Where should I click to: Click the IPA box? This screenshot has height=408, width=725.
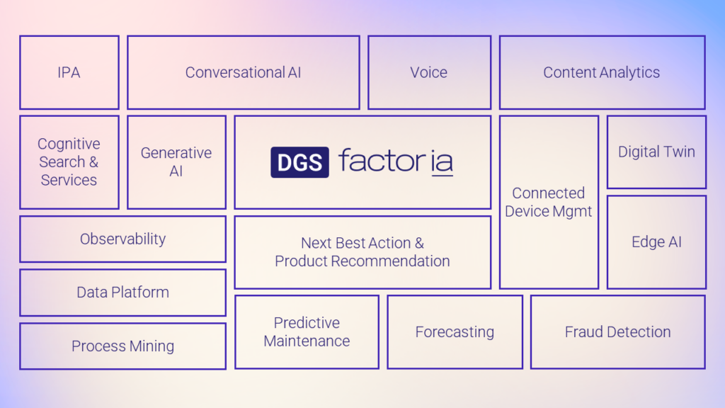(69, 73)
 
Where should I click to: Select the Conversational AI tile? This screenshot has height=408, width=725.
(244, 73)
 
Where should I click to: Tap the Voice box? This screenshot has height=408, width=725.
(430, 73)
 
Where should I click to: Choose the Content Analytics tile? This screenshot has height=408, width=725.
(603, 73)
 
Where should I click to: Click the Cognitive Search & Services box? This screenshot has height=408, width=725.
(69, 162)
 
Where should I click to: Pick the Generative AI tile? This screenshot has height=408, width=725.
(176, 162)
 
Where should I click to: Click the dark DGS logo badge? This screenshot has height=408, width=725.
(299, 162)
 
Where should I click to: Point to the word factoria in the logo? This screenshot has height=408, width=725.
(396, 161)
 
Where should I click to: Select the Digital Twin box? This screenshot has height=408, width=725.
(656, 152)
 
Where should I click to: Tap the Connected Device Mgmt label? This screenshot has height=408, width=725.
(549, 202)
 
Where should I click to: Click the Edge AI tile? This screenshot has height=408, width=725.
(656, 242)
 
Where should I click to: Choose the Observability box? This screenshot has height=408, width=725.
(123, 239)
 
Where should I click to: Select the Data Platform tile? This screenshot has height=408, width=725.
(123, 293)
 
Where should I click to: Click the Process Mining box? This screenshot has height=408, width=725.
(123, 346)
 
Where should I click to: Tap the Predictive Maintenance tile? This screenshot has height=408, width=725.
(307, 332)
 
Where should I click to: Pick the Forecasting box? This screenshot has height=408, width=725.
(455, 332)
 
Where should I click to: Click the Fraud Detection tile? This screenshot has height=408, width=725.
(617, 332)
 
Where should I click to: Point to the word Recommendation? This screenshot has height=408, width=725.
(391, 261)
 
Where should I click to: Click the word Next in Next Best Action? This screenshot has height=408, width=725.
(316, 243)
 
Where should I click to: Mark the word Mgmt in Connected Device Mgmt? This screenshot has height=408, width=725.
(572, 212)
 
